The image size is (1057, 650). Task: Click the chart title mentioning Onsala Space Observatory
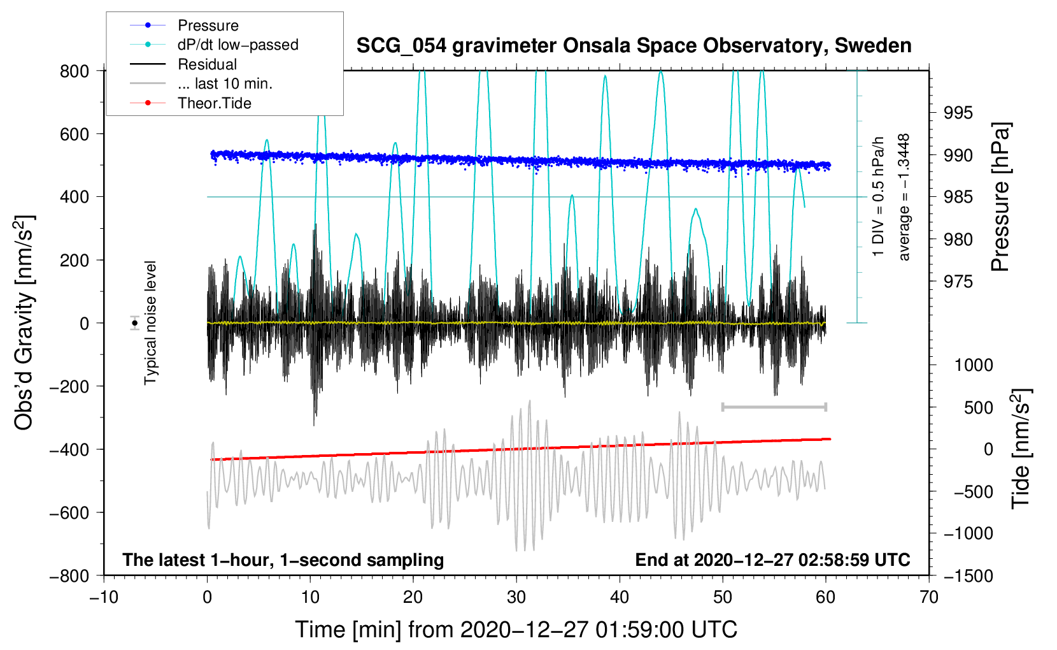[634, 46]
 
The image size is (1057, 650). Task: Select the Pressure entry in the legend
[208, 25]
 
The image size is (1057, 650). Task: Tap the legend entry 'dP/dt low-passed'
[238, 45]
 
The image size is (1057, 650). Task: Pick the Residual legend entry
[207, 64]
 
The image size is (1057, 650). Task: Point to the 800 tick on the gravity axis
[74, 71]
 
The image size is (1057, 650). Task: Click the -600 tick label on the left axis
[69, 512]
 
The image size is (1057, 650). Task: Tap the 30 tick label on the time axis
[516, 598]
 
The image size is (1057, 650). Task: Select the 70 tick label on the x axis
[928, 598]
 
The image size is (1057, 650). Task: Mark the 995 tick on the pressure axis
[958, 113]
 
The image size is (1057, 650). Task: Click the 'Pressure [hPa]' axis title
[1000, 197]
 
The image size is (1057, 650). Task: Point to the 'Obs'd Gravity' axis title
[25, 322]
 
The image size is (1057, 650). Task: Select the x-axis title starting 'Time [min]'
[516, 630]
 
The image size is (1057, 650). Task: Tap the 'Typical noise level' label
[150, 323]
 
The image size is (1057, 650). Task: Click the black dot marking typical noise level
[135, 323]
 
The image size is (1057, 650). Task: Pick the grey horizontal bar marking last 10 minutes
[774, 407]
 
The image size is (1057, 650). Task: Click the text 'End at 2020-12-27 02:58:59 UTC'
[772, 560]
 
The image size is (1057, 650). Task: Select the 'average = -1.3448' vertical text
[903, 197]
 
